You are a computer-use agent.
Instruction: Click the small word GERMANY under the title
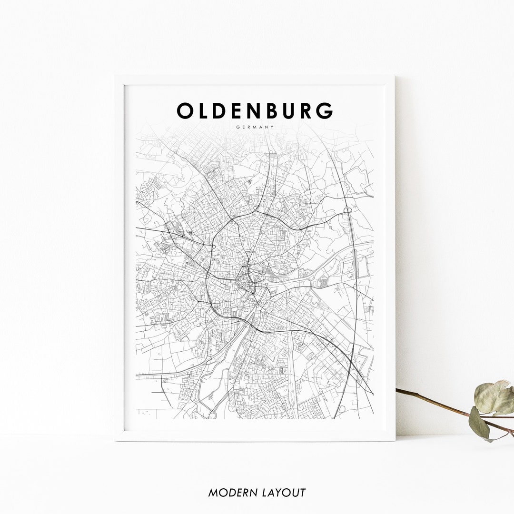pos(255,127)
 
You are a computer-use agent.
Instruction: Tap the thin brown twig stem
pos(433,401)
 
